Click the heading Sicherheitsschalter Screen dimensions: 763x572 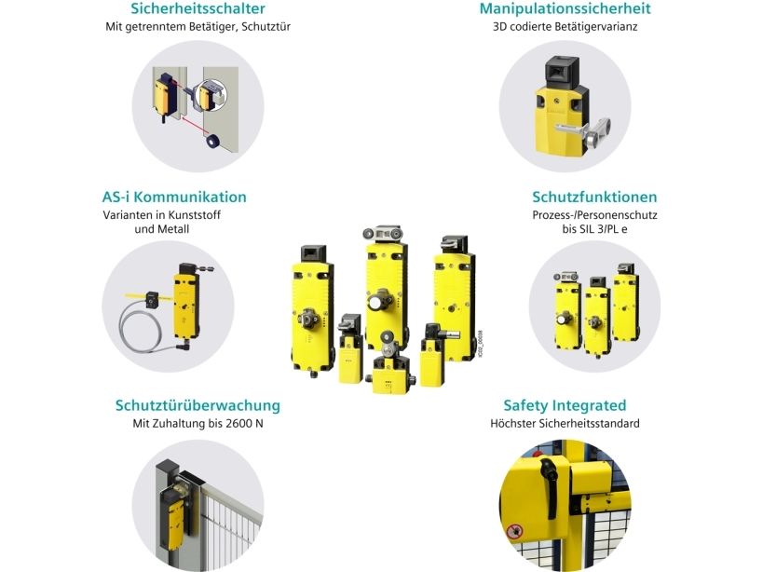pos(198,8)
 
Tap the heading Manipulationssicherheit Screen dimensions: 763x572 pos(565,8)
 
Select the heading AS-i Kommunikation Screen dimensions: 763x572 pos(174,197)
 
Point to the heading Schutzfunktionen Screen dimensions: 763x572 pos(594,197)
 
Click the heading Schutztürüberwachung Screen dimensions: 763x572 pos(198,405)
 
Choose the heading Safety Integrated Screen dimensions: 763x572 pos(565,405)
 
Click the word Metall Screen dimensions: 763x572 pos(173,229)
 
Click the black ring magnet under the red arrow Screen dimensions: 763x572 pos(211,141)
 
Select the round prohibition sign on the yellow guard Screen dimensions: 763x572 pos(514,532)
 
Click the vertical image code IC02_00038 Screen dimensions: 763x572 pos(480,344)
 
